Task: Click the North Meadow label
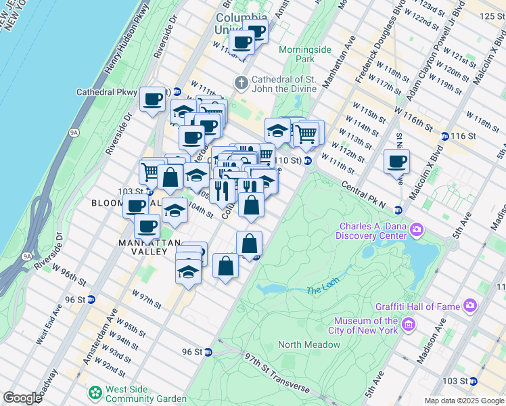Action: tap(309, 344)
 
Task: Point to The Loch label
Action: tap(321, 290)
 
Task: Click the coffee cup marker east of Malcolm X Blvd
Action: tap(396, 162)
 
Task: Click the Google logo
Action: tap(23, 398)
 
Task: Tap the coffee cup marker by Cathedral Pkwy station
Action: tap(152, 99)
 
